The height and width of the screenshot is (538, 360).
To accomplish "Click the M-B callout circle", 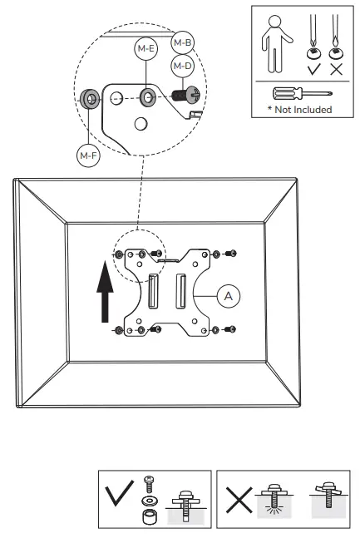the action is (x=183, y=42).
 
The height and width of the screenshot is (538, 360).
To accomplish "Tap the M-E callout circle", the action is (x=146, y=48).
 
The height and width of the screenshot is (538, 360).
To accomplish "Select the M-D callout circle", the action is (x=183, y=66).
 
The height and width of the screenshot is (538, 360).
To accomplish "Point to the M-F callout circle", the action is (x=88, y=155).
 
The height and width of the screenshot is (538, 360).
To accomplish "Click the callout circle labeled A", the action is (x=229, y=296).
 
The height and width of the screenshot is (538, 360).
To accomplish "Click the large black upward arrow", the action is (x=105, y=292).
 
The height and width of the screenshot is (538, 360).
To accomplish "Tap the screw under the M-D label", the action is (x=185, y=94).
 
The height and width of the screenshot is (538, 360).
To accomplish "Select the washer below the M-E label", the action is (x=148, y=97).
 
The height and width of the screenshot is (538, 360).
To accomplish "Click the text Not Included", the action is (x=303, y=110).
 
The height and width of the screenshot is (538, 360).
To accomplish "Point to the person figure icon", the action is (x=277, y=44).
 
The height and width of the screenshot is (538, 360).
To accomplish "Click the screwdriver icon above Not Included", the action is (x=303, y=93).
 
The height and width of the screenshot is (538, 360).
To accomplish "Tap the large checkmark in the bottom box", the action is (x=120, y=493).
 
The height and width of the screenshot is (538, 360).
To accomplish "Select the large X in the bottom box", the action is (x=239, y=500).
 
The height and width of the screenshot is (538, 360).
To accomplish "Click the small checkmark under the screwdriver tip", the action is (x=314, y=69).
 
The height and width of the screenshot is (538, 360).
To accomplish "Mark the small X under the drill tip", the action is (x=337, y=69).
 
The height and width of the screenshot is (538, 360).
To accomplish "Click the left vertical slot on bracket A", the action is (x=153, y=291).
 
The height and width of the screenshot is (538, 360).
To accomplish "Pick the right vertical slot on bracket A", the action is (x=181, y=291).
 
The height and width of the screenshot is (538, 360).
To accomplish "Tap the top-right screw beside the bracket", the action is (x=231, y=254).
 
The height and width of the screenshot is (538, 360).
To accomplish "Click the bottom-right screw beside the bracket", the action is (x=230, y=329).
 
